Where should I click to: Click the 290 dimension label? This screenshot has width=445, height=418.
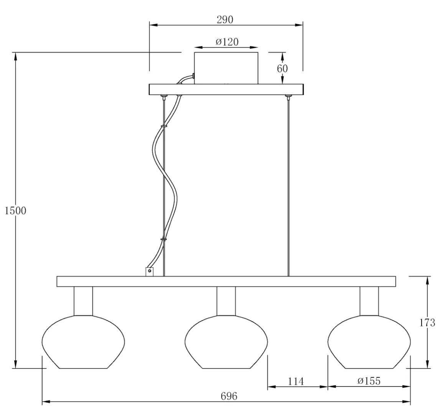[x=225, y=20]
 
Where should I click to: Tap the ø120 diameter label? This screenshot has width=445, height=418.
[x=227, y=42]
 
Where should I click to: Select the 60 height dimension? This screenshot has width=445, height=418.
[x=282, y=68]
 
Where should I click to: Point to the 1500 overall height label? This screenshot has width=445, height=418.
[x=16, y=211]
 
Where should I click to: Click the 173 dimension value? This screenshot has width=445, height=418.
[x=427, y=322]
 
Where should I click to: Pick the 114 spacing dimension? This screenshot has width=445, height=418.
[x=296, y=381]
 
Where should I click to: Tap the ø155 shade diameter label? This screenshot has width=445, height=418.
[x=369, y=381]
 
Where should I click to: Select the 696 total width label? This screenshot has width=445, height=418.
[x=229, y=396]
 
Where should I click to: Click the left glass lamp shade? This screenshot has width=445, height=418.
[x=83, y=342]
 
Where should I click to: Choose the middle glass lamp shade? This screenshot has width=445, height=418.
[x=226, y=342]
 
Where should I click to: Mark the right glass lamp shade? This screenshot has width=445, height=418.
[x=369, y=342]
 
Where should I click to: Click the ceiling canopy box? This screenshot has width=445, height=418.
[x=226, y=68]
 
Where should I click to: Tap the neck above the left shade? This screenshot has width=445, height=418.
[x=83, y=301]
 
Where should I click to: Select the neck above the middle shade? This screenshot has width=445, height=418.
[x=226, y=301]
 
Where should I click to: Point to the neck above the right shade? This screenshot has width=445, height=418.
[x=369, y=301]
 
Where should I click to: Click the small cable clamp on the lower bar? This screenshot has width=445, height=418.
[x=149, y=271]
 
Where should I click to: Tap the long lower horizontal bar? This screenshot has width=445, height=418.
[x=226, y=281]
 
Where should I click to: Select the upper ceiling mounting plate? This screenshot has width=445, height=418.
[x=226, y=89]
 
